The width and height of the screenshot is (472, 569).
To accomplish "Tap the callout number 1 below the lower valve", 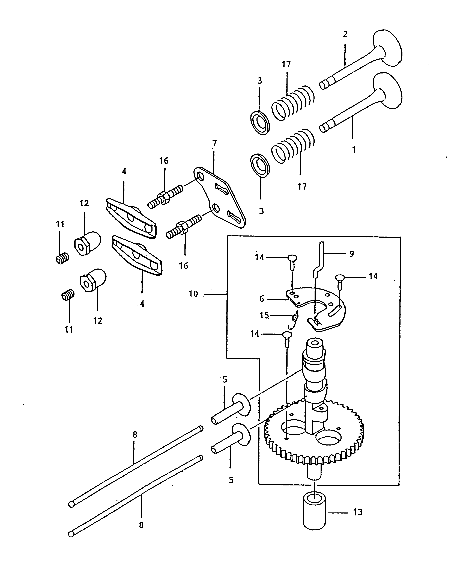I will tap(354, 149).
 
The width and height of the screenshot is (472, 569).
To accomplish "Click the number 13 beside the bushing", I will tap(357, 512).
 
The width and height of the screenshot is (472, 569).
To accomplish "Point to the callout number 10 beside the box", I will tap(193, 294).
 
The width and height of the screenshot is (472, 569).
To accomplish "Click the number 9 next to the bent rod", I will tap(351, 254).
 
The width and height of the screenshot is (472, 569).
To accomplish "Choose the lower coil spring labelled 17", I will tap(294, 146).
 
